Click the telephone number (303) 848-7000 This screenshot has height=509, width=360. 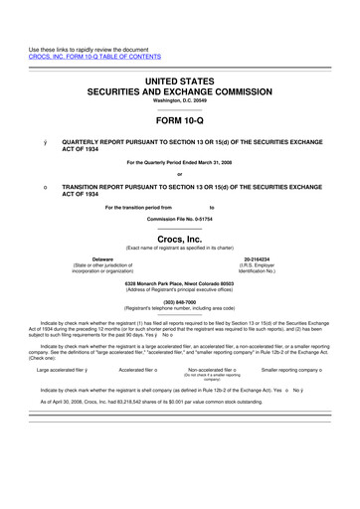(179, 301)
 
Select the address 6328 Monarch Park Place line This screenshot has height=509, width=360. (179, 283)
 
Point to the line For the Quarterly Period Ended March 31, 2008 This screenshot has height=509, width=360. (179, 163)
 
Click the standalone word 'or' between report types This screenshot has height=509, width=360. (179, 176)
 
